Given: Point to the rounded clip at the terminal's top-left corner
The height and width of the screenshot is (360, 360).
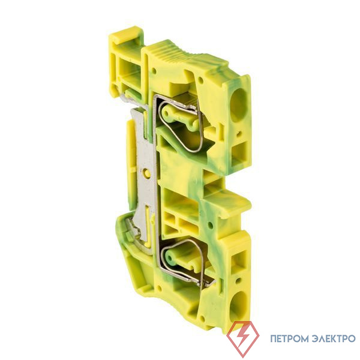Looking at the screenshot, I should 125,36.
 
